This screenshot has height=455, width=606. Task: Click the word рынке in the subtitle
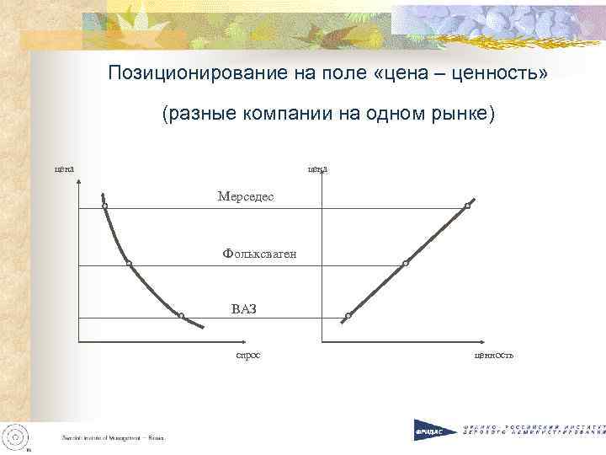pos(463,114)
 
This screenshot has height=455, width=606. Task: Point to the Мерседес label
pos(245,196)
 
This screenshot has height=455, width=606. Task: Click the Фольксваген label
pos(259,252)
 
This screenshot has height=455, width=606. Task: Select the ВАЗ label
pos(243,308)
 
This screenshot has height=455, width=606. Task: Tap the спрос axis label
pos(247,356)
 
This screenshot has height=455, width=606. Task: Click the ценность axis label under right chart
pos(494,356)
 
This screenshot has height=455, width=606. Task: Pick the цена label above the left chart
pos(65,169)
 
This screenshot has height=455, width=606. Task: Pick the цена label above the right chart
pos(317,169)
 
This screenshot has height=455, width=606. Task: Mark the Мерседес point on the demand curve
pos(105,206)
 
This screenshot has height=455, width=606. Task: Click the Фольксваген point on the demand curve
pos(129,264)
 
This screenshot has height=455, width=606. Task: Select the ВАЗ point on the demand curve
pos(181,316)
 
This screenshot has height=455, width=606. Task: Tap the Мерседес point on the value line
pos(468,206)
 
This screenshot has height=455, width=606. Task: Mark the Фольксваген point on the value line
pos(406,264)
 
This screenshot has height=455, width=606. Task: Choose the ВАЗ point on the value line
pos(348,317)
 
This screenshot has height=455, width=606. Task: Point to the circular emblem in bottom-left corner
pos(16,435)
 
